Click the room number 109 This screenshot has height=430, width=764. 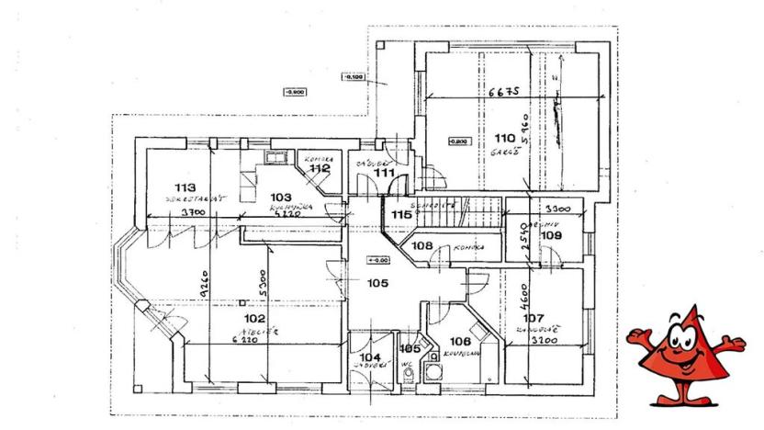(x=551, y=236)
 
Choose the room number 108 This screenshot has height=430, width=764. (x=422, y=245)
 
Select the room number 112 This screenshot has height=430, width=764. (x=319, y=168)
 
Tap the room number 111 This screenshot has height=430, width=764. (x=384, y=172)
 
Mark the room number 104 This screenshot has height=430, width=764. (x=369, y=356)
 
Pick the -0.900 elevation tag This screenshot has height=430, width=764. (x=296, y=92)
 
